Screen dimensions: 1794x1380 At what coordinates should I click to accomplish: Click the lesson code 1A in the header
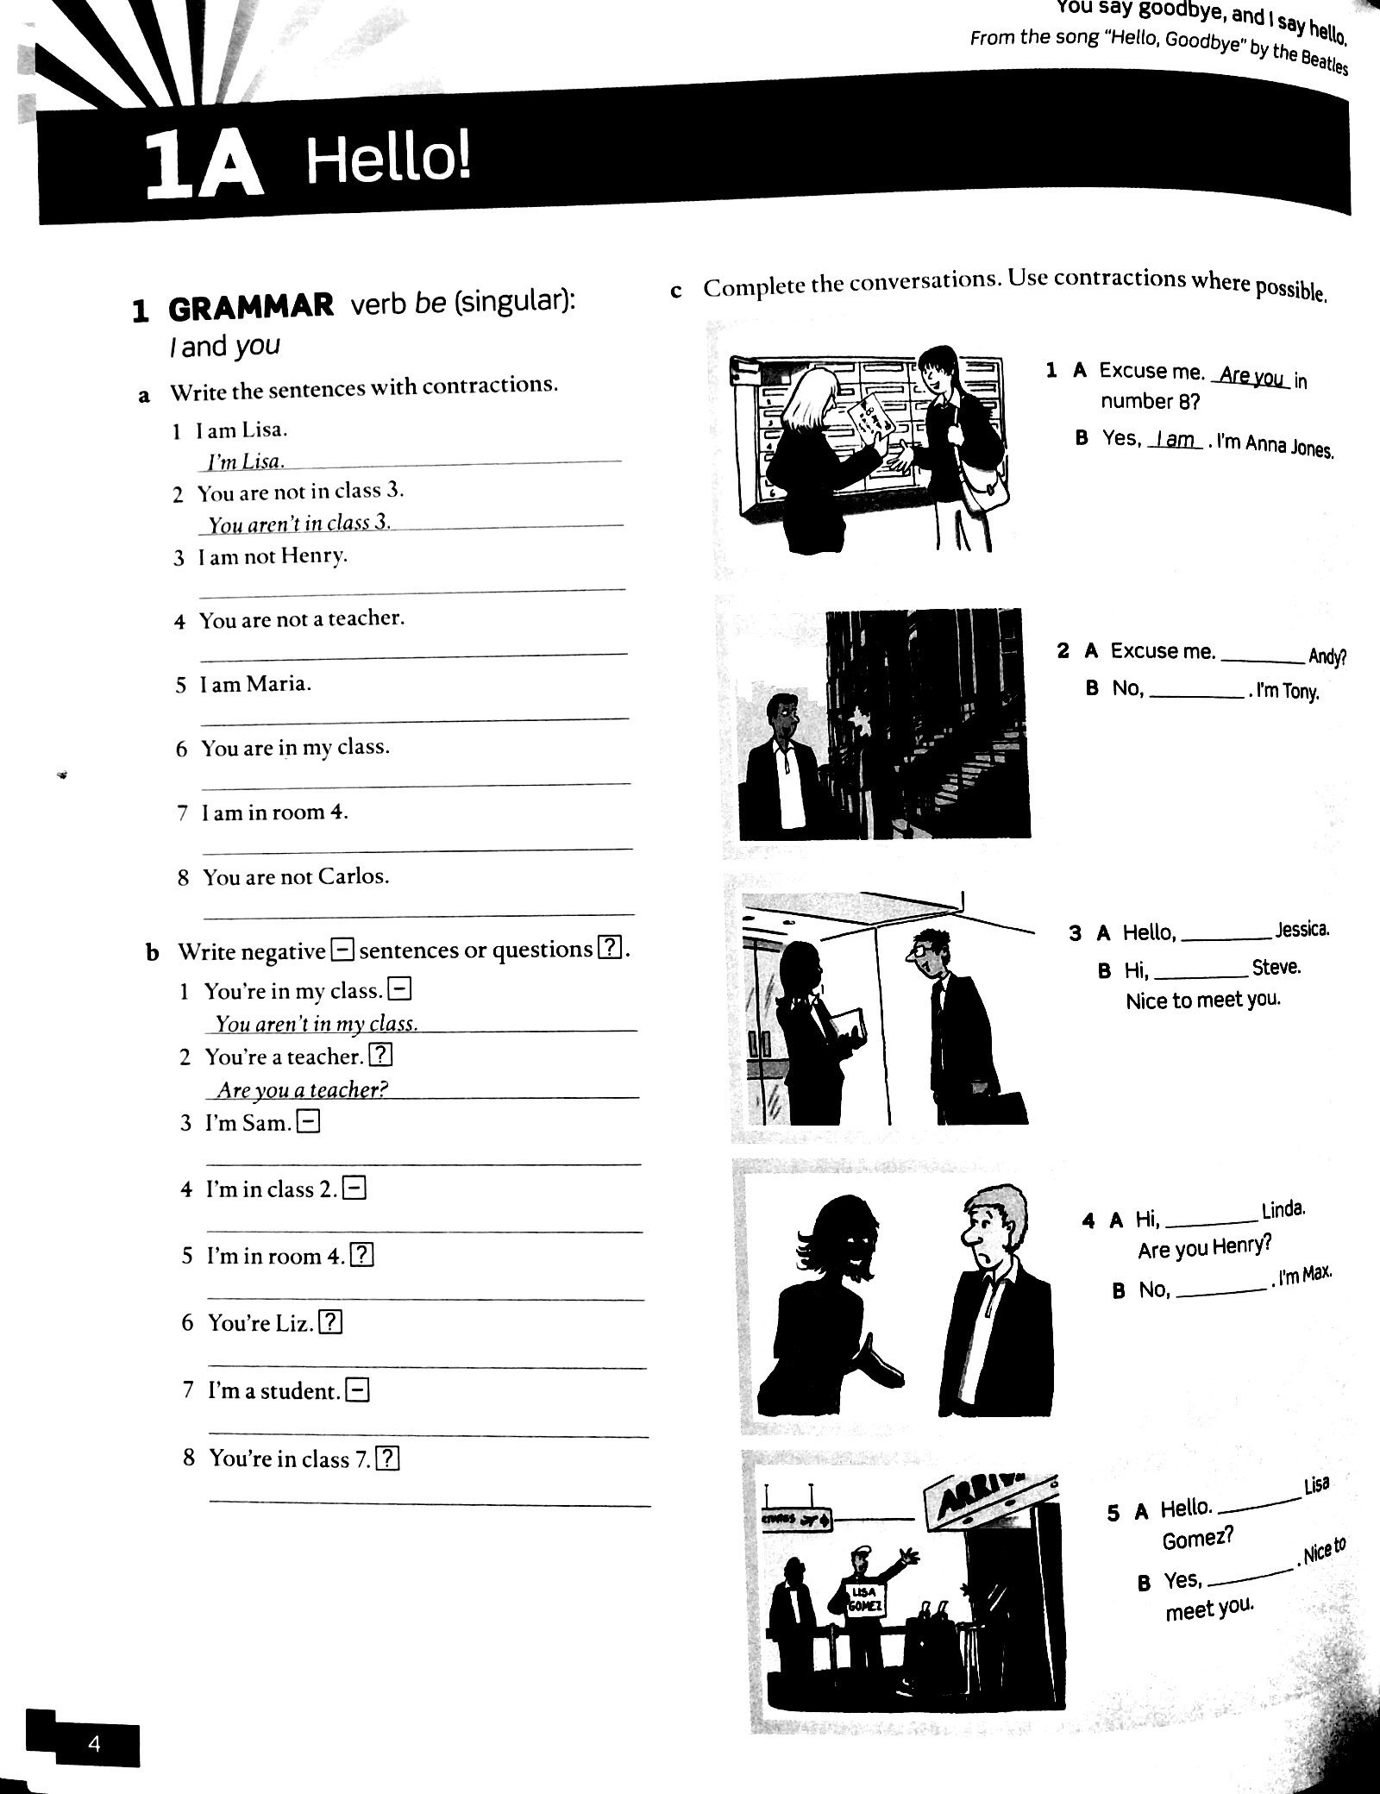204,166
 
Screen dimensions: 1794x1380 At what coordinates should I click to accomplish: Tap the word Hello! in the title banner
389,160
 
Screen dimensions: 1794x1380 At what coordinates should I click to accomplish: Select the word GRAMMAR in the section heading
251,308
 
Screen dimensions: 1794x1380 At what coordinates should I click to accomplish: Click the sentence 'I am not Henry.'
273,556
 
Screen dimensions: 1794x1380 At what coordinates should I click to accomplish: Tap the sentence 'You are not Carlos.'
296,877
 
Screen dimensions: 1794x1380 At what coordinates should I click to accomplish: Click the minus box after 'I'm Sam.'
308,1121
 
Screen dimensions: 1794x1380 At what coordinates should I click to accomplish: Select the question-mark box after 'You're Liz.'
330,1322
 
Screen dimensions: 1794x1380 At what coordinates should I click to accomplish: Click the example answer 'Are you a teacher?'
301,1089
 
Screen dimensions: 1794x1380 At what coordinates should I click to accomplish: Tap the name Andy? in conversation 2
1327,657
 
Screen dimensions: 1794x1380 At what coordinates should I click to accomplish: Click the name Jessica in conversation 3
1302,930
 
